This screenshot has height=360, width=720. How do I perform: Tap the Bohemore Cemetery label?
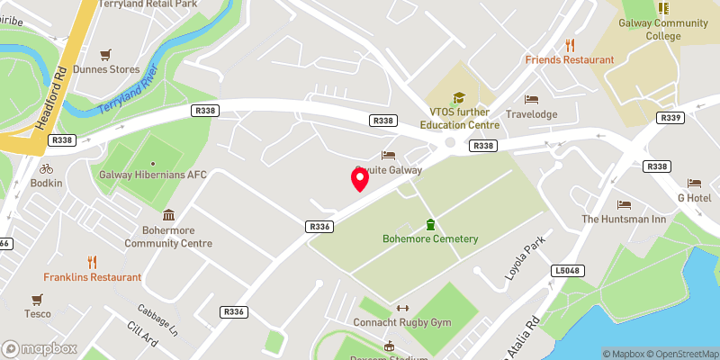(430, 239)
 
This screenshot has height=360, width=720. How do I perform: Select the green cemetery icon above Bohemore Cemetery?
(430, 224)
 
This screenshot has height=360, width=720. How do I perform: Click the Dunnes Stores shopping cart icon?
(106, 54)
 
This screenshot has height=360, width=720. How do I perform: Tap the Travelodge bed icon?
(531, 99)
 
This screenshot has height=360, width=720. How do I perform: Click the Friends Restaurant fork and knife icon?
(570, 45)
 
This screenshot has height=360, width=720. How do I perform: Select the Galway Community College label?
(663, 30)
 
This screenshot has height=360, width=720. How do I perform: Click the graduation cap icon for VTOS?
(458, 97)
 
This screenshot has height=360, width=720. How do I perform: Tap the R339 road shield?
(670, 118)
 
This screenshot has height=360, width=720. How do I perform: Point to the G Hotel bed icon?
(694, 183)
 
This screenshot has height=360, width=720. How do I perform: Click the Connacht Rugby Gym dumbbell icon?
(402, 308)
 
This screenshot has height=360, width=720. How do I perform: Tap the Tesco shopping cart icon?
(38, 299)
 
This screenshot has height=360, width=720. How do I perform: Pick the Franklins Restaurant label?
(93, 277)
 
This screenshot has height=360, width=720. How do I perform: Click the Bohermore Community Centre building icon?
(168, 215)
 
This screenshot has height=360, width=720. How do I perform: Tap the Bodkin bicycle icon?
(47, 168)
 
